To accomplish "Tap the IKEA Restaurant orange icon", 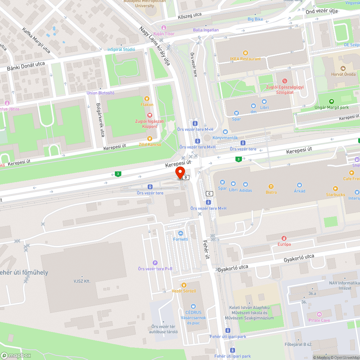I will coord(246,53).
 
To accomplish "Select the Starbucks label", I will coord(336,195).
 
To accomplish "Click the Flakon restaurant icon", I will coord(147,99).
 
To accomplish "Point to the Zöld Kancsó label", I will coord(150,144).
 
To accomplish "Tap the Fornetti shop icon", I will coord(180,233).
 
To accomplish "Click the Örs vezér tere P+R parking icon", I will coord(155,263).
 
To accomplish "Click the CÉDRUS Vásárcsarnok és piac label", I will coord(194,318).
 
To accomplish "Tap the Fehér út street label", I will coord(206,250).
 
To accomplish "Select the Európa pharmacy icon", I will coord(284,238).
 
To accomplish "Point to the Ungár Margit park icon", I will coord(332,102).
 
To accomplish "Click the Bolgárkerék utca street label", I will coord(100,120).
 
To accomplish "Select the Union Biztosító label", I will coord(100,93).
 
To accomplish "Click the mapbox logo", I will coord(16,355).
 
